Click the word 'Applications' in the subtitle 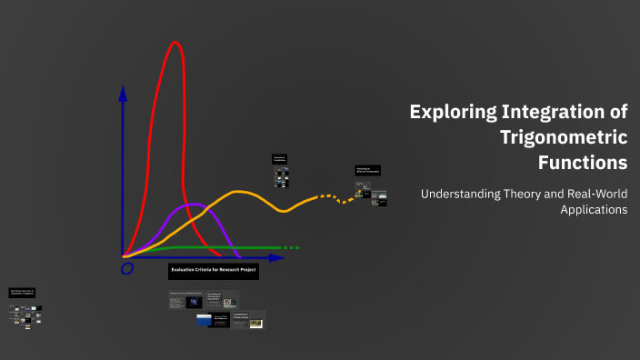594,209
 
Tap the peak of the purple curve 192,205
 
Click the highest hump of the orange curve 239,192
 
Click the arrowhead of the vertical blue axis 123,94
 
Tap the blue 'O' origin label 126,268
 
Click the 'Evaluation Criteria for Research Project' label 214,271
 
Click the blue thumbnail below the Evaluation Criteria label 204,319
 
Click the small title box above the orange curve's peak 279,158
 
